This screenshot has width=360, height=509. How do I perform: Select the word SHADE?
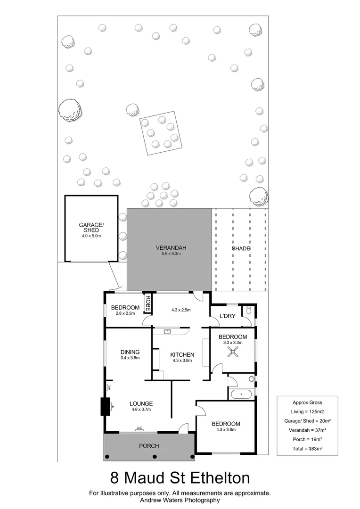coord(240,248)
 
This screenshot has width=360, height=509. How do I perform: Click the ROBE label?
coord(147,301)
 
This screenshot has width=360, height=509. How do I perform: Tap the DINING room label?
coord(130,352)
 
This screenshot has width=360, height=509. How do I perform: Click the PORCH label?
coord(148,446)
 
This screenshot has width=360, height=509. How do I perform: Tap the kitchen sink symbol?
coord(167,331)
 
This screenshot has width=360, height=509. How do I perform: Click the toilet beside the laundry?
coord(249,311)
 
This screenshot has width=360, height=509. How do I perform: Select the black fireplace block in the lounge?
coord(105,406)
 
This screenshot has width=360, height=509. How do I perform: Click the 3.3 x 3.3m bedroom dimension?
coord(232,343)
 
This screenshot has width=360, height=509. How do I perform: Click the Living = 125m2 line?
coord(307,411)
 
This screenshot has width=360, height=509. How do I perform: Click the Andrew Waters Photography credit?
coord(180,500)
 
